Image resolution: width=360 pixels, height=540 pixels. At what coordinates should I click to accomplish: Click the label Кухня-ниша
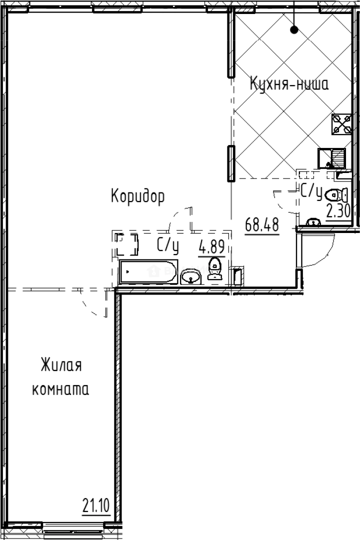click(289, 84)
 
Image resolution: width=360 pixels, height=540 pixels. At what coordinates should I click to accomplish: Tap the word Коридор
click(137, 196)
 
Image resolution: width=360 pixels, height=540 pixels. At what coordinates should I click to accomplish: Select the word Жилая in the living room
click(61, 365)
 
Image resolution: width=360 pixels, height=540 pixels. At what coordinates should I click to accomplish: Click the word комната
click(60, 389)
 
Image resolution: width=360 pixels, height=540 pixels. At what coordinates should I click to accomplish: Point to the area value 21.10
click(96, 505)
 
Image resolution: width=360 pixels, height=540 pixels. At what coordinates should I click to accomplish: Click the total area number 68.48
click(261, 224)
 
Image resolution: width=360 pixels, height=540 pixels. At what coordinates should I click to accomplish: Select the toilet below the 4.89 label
click(215, 268)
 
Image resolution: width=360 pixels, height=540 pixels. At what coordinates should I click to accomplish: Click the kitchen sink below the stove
click(331, 157)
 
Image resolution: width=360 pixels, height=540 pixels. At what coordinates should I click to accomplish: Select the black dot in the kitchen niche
click(294, 30)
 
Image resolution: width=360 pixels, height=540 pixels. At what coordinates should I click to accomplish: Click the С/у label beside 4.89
click(167, 245)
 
